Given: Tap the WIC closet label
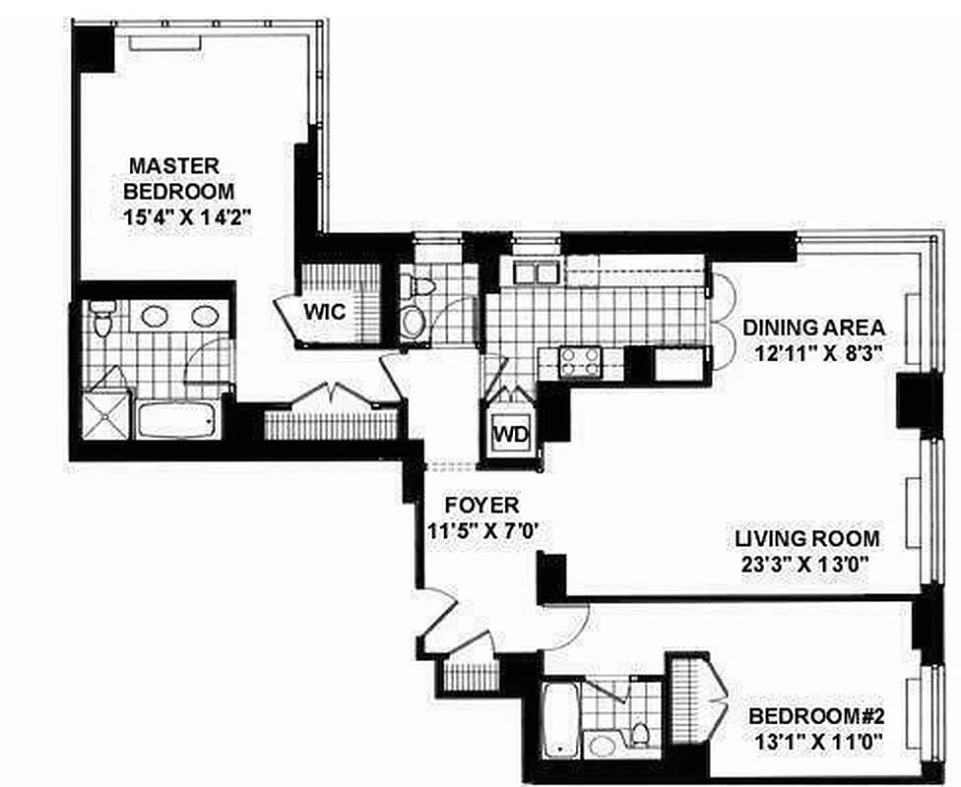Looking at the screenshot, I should (323, 312).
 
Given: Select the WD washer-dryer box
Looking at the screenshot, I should (510, 434).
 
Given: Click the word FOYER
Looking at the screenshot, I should (481, 505).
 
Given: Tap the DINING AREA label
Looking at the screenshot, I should (813, 328).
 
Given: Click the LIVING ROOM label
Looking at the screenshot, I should (807, 539).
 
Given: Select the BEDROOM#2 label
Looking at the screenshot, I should (813, 715).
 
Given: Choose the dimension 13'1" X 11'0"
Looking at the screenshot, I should (813, 743).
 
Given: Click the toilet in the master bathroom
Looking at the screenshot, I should (101, 315).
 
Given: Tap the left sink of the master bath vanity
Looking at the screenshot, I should (155, 316).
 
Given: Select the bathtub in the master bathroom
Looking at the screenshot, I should (177, 421).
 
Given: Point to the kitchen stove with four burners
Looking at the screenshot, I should (581, 361).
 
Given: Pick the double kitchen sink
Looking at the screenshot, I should (530, 271).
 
